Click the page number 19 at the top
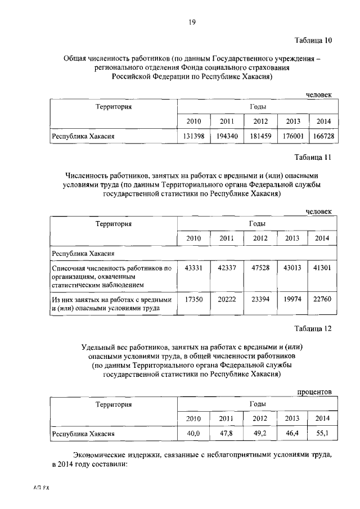191,22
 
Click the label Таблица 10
313,40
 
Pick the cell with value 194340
227,136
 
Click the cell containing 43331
193,268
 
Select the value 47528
260,268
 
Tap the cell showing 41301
322,268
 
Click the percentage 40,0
193,434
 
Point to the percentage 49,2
260,434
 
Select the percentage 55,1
322,434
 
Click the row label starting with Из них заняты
111,304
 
